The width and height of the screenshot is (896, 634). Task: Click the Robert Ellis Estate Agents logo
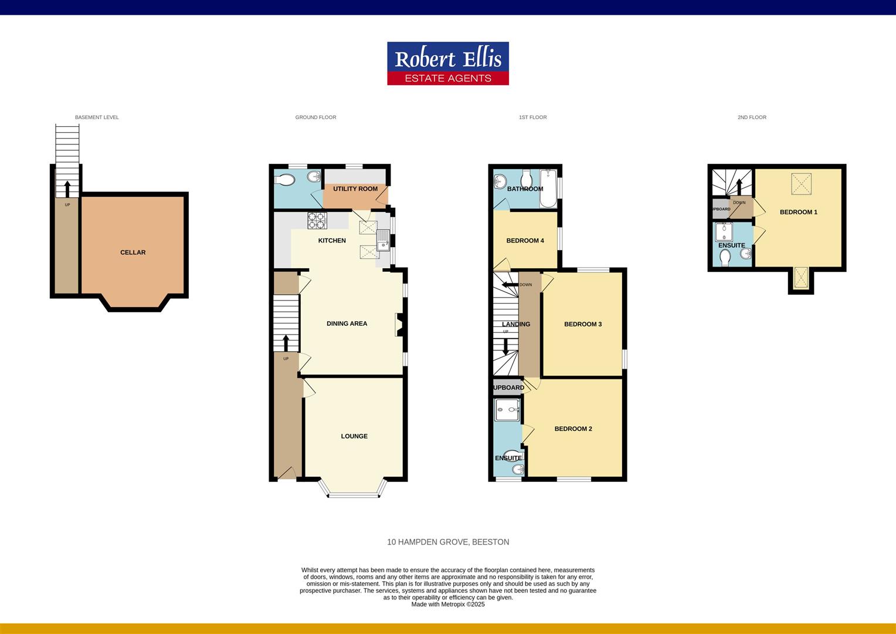click(447, 63)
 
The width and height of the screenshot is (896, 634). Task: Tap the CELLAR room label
click(133, 252)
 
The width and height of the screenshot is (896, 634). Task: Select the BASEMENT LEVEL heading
click(97, 117)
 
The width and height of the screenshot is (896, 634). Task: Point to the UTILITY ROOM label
click(355, 189)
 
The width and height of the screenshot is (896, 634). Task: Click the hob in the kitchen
click(317, 220)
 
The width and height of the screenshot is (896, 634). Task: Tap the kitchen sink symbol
click(383, 241)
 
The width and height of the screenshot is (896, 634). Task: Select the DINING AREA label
click(347, 323)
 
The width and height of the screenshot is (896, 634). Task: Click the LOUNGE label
click(354, 436)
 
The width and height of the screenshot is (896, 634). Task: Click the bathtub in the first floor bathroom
click(548, 188)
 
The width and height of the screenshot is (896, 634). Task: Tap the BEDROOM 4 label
click(525, 241)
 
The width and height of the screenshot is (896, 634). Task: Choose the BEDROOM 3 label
click(583, 324)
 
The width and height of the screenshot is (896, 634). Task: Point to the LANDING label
click(516, 324)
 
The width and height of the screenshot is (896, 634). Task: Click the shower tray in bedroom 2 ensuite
click(508, 410)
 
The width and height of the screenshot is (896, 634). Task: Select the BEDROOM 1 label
click(798, 212)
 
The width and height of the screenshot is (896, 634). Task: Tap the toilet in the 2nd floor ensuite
click(725, 258)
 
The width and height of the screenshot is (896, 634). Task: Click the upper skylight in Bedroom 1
click(802, 183)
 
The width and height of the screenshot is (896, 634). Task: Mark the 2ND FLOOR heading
click(752, 117)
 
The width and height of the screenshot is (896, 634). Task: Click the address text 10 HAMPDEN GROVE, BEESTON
click(448, 542)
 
